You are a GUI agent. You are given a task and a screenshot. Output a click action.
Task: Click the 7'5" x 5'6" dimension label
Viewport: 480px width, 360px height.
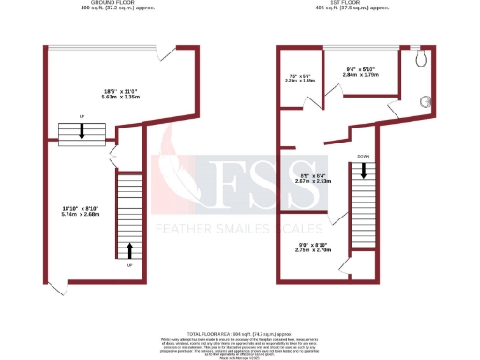click(298, 78)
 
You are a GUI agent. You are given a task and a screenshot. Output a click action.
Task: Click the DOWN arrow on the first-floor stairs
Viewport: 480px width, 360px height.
click(361, 172)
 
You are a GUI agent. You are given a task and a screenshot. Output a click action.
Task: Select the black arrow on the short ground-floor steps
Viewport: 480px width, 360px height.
click(82, 132)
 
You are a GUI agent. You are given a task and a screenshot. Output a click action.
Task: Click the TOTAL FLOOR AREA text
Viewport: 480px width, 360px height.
click(240, 333)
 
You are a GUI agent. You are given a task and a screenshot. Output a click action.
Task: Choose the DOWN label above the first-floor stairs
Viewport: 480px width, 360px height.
click(361, 157)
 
